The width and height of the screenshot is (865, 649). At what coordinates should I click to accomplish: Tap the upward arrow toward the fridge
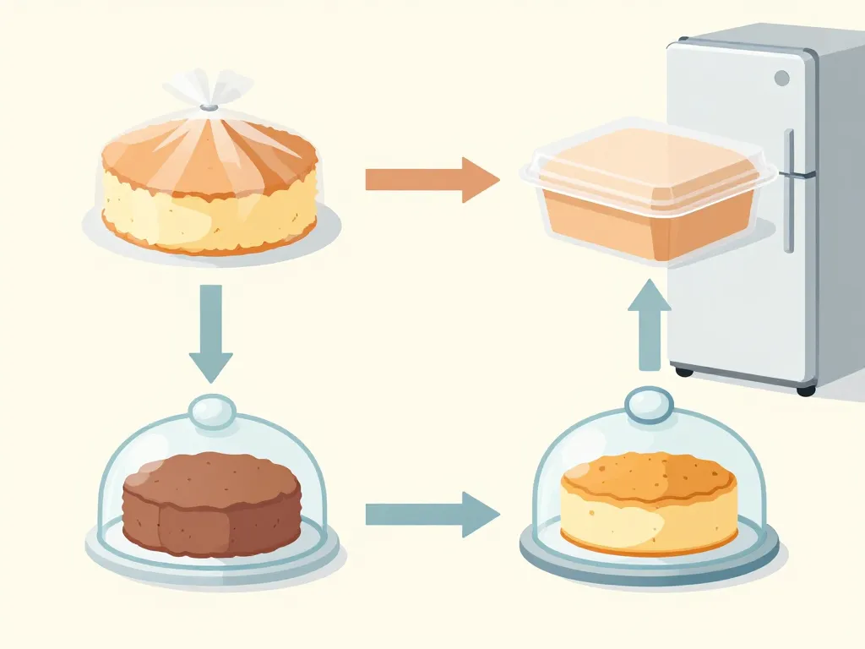(x=649, y=325)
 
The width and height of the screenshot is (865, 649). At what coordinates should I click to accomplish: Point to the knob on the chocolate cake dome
(x=212, y=411)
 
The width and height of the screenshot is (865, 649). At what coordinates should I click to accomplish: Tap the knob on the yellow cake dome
(x=648, y=404)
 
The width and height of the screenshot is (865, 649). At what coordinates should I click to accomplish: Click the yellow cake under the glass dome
(x=648, y=502)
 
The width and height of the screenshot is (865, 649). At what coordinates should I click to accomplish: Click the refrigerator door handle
(x=789, y=190)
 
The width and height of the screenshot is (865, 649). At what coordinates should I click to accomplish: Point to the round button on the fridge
(x=781, y=78)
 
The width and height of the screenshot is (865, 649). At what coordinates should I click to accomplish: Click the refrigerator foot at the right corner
(x=806, y=390)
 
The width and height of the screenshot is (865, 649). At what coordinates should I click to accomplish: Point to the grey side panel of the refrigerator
(x=841, y=211)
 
